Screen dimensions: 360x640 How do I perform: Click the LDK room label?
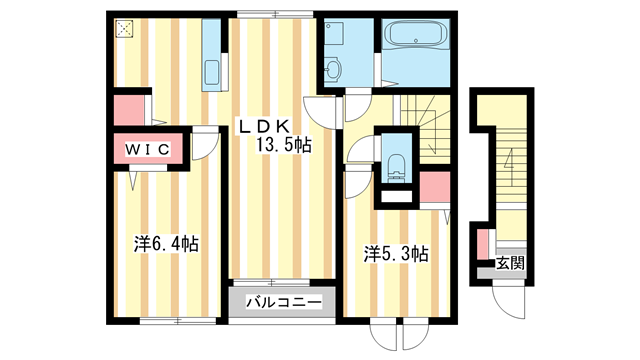(x=264, y=126)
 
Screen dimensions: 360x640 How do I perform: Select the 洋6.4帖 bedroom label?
(x=166, y=244)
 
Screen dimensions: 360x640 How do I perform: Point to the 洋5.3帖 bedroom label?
(x=396, y=255)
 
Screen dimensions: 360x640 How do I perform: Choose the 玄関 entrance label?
(x=510, y=264)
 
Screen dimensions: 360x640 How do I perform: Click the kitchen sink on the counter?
(x=212, y=73)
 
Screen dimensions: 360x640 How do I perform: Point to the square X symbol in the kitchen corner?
(x=124, y=30)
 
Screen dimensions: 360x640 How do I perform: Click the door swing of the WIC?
(x=203, y=145)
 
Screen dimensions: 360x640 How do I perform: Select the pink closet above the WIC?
(x=127, y=107)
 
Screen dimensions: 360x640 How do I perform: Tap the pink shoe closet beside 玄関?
(x=481, y=244)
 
